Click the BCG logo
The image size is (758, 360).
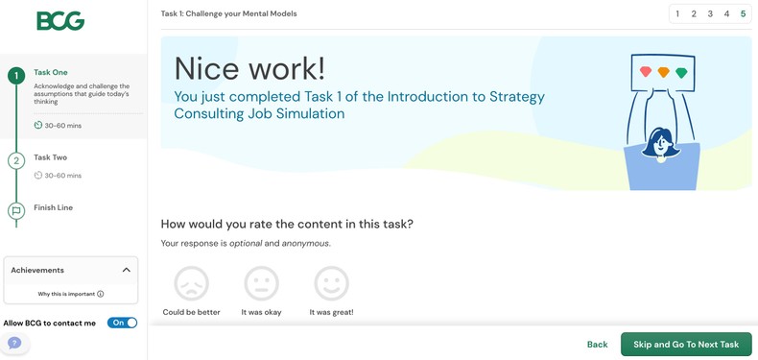(x=60, y=21)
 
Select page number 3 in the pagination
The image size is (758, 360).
(x=710, y=14)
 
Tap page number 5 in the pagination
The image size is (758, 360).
(x=743, y=14)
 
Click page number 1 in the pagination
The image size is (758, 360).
(x=677, y=14)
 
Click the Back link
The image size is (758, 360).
(x=597, y=345)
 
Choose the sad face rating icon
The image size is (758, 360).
(x=191, y=284)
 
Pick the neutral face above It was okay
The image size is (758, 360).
(x=261, y=284)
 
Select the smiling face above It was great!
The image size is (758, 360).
(x=331, y=284)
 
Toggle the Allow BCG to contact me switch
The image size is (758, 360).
(x=122, y=324)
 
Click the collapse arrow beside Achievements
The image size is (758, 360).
(x=126, y=271)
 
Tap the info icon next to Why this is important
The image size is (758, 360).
(x=101, y=294)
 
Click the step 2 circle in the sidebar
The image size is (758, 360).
(x=15, y=161)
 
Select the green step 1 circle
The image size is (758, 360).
(x=15, y=76)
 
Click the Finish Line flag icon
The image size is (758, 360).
(x=15, y=211)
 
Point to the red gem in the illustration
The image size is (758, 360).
(x=646, y=72)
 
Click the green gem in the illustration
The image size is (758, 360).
(x=681, y=73)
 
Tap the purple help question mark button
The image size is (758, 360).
(x=14, y=343)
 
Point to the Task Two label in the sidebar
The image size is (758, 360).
(x=50, y=157)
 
